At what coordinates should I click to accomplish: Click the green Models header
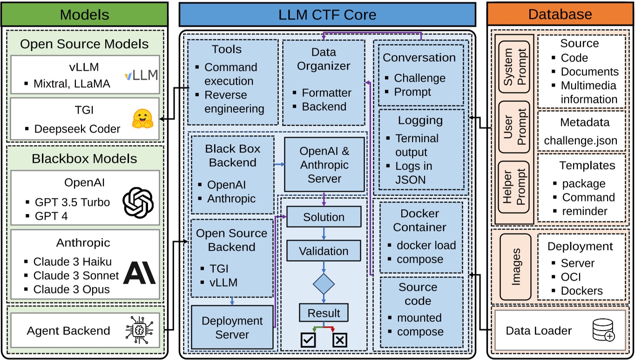[x=84, y=14]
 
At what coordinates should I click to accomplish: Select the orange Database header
[x=560, y=14]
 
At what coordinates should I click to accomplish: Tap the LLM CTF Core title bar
[x=327, y=14]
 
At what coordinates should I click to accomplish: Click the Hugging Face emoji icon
[x=143, y=119]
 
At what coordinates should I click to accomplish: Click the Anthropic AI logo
[x=139, y=273]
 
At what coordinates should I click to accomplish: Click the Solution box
[x=324, y=217]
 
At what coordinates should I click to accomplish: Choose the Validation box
[x=324, y=251]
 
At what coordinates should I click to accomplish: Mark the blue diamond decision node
[x=324, y=284]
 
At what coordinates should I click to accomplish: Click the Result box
[x=324, y=313]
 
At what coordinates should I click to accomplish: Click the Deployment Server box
[x=232, y=327]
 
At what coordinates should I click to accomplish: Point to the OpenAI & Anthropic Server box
[x=324, y=165]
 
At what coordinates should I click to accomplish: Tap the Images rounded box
[x=515, y=267]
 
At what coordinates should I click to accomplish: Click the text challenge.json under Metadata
[x=581, y=140]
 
